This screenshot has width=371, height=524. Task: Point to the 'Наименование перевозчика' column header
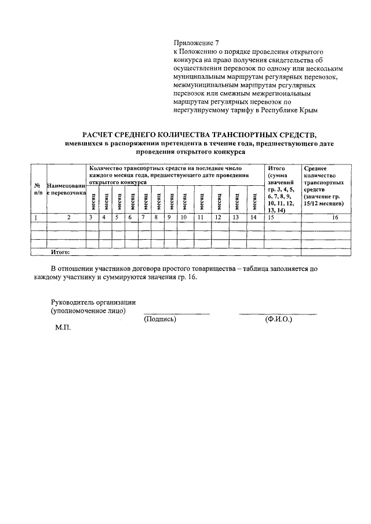67,189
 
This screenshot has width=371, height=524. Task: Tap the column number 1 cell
38,218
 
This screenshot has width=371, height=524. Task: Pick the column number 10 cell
183,218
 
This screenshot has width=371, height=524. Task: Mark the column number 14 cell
253,218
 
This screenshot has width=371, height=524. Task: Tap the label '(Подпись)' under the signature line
159,319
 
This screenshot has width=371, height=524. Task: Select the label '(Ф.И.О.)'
278,319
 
